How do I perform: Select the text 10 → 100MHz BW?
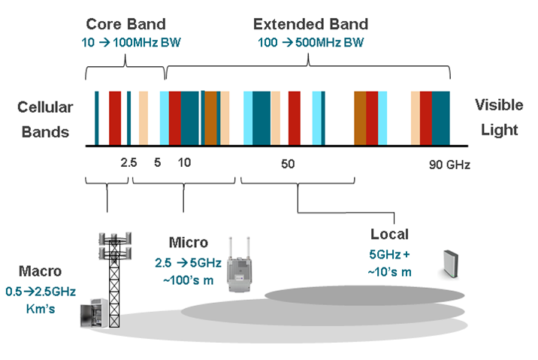tap(123, 42)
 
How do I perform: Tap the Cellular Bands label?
tap(44, 119)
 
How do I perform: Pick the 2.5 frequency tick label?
tap(128, 162)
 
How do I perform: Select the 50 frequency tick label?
tap(286, 163)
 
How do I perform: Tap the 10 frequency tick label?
tap(183, 162)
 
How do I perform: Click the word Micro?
tap(188, 242)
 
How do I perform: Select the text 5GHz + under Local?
tap(389, 253)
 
